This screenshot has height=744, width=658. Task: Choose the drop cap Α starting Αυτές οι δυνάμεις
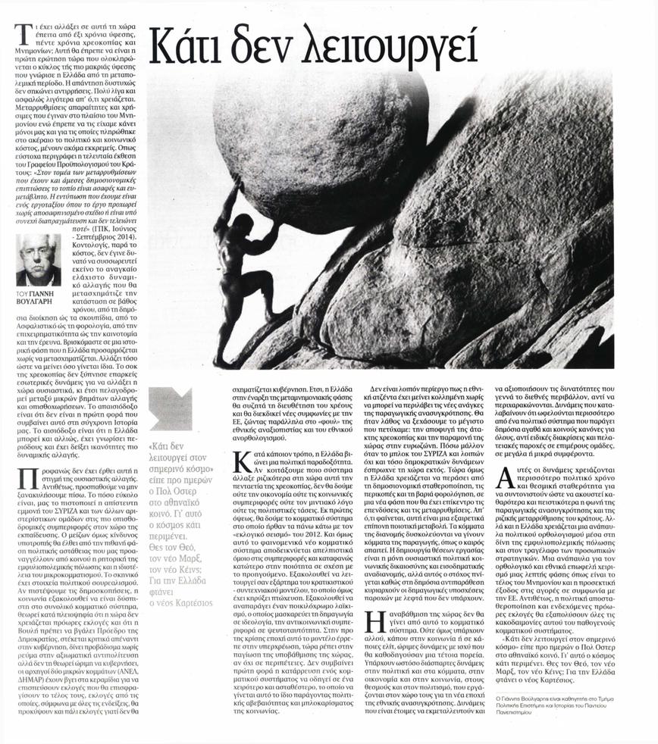[x=503, y=474]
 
